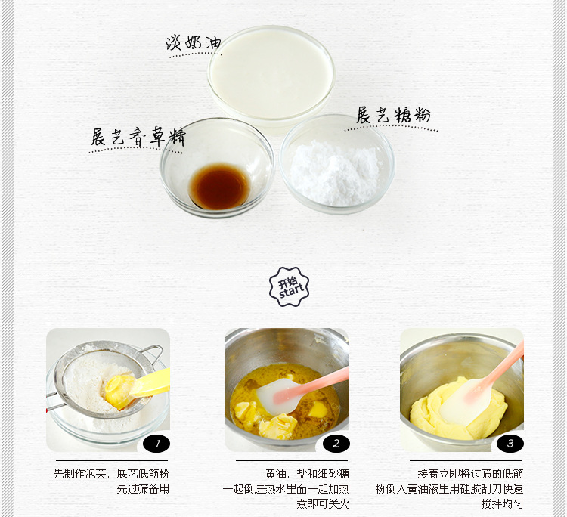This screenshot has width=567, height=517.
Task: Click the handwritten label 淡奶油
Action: [193, 42]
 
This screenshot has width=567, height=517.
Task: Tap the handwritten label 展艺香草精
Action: [138, 137]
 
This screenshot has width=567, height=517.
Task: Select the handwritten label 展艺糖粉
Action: [393, 116]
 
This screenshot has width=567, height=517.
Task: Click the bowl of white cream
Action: [271, 76]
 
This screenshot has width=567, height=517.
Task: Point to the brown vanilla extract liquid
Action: [220, 186]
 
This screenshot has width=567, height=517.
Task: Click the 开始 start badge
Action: [289, 286]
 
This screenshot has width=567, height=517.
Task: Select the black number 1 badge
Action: [156, 444]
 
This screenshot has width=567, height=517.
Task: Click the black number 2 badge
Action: [336, 444]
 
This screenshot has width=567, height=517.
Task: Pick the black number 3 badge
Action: [510, 444]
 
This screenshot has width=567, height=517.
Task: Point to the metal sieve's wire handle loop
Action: [152, 352]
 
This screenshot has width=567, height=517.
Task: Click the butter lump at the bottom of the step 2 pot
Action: [277, 426]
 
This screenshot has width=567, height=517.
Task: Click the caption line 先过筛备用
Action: [143, 489]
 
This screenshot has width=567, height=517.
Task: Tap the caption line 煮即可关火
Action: [323, 503]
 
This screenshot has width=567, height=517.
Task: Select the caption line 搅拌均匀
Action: [502, 503]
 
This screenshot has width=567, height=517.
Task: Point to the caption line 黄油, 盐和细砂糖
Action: [307, 474]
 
